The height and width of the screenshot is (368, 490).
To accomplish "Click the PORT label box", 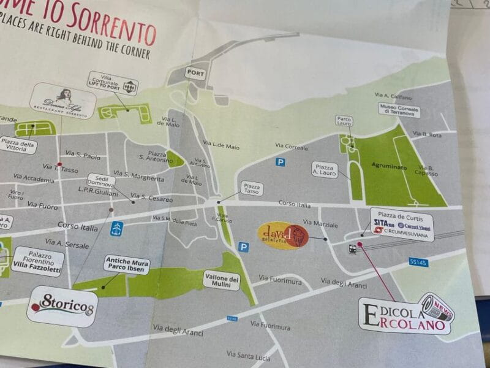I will [195, 72].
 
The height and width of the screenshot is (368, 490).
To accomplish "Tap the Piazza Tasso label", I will [251, 188].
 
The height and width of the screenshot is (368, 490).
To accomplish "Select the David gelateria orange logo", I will [282, 236].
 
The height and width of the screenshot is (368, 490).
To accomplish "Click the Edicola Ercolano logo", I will [405, 315].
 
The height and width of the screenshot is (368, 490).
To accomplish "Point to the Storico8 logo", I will [62, 304].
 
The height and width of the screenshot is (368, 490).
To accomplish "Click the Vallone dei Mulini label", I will [221, 280].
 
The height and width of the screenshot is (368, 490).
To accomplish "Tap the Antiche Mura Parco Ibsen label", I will [127, 263].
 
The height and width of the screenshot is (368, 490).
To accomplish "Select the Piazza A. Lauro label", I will [325, 169].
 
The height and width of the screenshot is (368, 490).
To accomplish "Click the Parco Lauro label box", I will [344, 121].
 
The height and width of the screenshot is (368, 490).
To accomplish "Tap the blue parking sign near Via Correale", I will [281, 162].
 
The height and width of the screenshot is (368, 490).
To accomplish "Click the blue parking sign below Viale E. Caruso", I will [244, 247].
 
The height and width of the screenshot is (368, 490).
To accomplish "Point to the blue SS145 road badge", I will [418, 262].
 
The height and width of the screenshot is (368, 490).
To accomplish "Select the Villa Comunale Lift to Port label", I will [112, 83].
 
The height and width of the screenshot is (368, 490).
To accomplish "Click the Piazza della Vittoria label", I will [19, 145].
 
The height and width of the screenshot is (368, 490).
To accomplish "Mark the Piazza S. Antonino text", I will [153, 155].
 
